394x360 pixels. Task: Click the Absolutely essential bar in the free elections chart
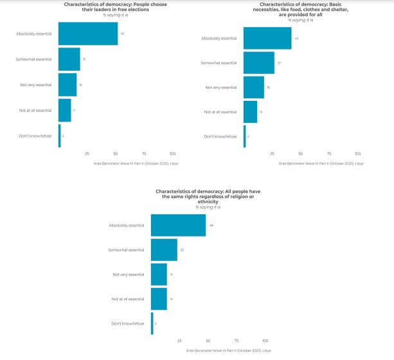coord(87,33)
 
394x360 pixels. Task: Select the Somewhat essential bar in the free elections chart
coord(69,59)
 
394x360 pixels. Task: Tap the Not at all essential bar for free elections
coord(64,110)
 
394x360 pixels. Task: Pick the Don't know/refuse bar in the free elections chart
coord(59,136)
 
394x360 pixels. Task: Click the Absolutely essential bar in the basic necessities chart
coord(267,39)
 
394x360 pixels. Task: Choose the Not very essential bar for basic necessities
coord(254,87)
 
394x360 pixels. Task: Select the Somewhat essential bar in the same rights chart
coord(164,249)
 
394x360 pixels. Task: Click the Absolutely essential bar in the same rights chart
coord(178,225)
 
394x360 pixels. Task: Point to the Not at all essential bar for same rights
coord(159,299)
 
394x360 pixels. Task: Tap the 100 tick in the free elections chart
coord(172,154)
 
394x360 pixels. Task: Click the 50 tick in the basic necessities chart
coord(301,154)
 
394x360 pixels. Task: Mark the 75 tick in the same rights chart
coord(237,341)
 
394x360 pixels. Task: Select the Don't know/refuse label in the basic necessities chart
coord(220,136)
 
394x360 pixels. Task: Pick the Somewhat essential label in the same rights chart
coord(127,249)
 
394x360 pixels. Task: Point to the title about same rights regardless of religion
coord(208,197)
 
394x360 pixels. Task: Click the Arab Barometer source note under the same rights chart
coord(229,350)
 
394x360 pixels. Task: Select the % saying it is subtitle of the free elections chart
coord(116,15)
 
